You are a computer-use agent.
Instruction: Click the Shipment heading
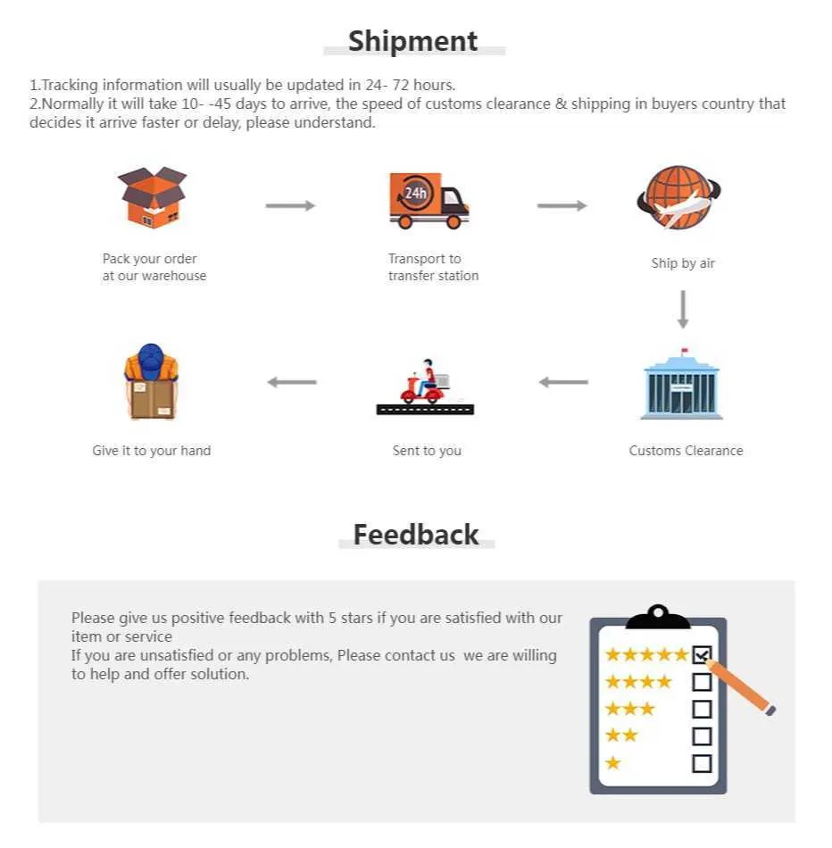click(x=413, y=41)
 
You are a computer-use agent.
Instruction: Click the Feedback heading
click(x=416, y=535)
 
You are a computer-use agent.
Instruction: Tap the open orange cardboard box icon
click(x=152, y=197)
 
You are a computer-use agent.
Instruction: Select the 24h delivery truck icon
click(x=429, y=200)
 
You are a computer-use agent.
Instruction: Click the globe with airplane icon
click(x=678, y=198)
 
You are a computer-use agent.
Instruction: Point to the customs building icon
click(x=682, y=384)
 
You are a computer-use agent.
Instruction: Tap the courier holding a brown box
click(x=152, y=382)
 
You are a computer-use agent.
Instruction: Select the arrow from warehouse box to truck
click(x=290, y=205)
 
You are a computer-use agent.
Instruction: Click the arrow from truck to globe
click(x=562, y=205)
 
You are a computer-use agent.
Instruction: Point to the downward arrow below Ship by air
click(x=683, y=310)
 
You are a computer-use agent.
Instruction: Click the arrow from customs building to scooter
click(x=563, y=382)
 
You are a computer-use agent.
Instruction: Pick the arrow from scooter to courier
click(x=292, y=382)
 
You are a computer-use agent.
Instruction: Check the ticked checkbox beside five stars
click(x=703, y=655)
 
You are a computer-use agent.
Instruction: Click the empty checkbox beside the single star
click(x=703, y=763)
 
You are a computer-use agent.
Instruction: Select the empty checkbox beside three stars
click(x=703, y=709)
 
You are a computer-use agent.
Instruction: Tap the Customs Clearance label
click(x=686, y=451)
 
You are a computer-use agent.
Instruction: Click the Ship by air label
click(x=683, y=263)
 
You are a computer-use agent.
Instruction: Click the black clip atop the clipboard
click(x=658, y=617)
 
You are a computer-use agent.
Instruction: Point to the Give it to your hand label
click(x=152, y=451)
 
